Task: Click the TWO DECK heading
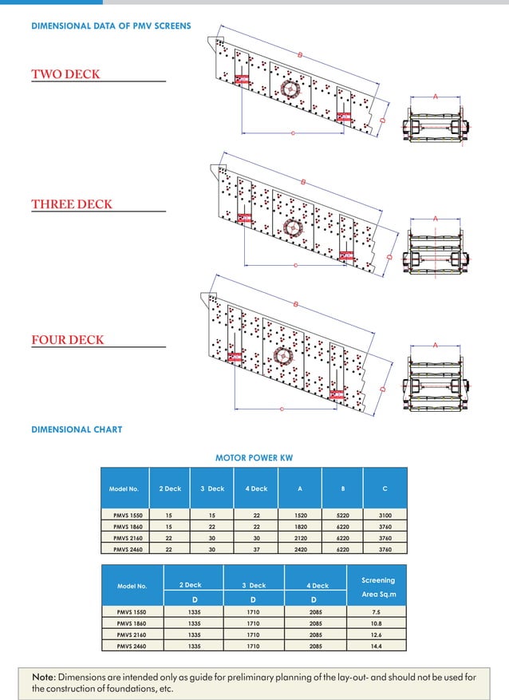(65, 74)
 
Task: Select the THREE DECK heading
(72, 204)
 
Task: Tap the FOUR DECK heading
(68, 340)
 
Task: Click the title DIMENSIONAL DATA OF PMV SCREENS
(111, 26)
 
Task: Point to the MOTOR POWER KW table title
(254, 458)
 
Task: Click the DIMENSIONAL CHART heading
(77, 429)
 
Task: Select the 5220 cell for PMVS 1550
(343, 516)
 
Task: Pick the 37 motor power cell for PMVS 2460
(257, 549)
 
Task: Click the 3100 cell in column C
(385, 516)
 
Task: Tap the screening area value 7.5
(377, 612)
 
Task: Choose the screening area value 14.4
(377, 645)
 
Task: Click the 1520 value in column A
(300, 516)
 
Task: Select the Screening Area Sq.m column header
(378, 587)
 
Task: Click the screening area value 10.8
(377, 623)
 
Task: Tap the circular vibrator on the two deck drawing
(289, 88)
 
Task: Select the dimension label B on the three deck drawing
(304, 183)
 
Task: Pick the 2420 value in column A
(300, 549)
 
